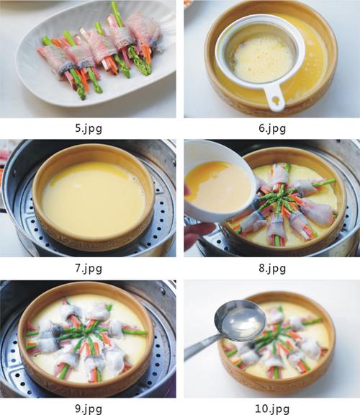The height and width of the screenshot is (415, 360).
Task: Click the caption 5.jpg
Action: pyautogui.click(x=89, y=129)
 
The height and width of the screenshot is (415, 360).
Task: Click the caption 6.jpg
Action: pyautogui.click(x=272, y=129)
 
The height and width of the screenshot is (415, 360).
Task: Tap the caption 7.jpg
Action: pyautogui.click(x=89, y=269)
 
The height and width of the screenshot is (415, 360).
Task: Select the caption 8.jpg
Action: pyautogui.click(x=272, y=269)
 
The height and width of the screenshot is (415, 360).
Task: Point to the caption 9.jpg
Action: pyautogui.click(x=89, y=409)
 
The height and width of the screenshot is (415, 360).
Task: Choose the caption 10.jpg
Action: pyautogui.click(x=272, y=409)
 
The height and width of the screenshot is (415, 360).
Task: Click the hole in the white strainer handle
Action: pyautogui.click(x=276, y=101)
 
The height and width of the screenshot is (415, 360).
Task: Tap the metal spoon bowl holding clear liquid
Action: pyautogui.click(x=240, y=320)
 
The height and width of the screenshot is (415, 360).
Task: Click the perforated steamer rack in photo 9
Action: pyautogui.click(x=12, y=376)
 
